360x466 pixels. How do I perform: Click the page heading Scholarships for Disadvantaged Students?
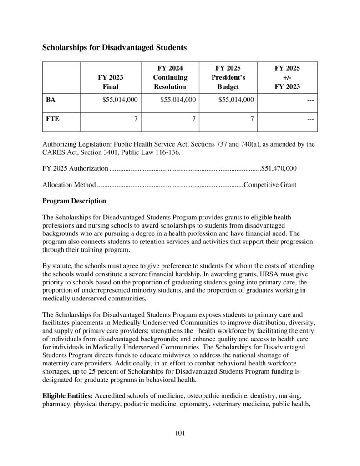click(x=114, y=47)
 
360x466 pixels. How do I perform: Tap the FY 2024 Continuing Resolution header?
click(x=170, y=77)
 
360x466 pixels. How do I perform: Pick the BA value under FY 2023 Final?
click(x=121, y=100)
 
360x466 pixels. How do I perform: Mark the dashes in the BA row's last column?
click(x=309, y=100)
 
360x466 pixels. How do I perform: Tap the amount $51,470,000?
click(x=279, y=168)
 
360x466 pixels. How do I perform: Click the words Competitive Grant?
click(x=270, y=185)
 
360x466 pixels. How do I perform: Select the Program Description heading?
click(x=74, y=201)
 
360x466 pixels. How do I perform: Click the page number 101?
click(x=180, y=433)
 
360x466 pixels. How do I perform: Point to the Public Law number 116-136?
click(x=167, y=152)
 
